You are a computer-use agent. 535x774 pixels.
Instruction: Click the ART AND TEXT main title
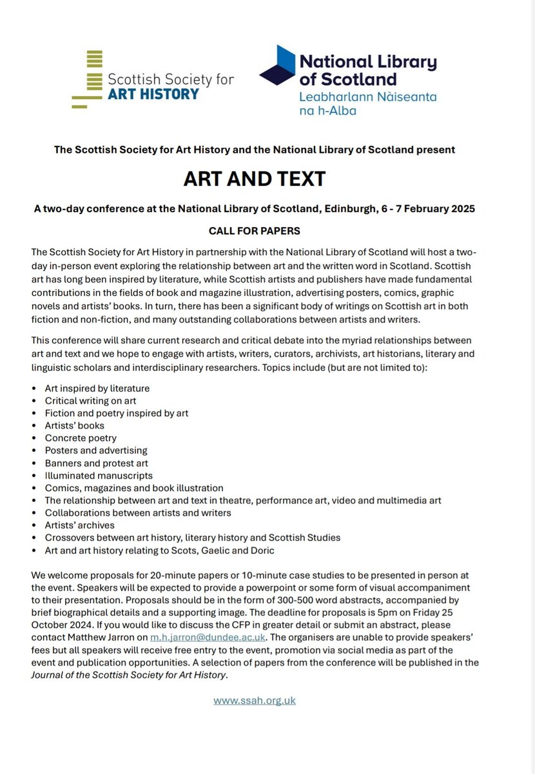click(x=254, y=179)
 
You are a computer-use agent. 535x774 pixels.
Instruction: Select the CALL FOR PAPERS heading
click(x=254, y=230)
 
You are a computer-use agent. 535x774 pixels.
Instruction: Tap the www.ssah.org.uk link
click(x=255, y=700)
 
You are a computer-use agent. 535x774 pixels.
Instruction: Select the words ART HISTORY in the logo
click(x=153, y=94)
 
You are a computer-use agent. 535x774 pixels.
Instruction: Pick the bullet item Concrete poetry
click(x=81, y=437)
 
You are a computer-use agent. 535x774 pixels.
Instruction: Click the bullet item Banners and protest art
click(x=97, y=462)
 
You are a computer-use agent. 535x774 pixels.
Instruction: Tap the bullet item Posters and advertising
click(x=96, y=450)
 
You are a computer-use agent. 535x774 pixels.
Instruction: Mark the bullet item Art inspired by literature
click(x=97, y=388)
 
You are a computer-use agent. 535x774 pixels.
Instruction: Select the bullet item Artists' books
click(x=74, y=425)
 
